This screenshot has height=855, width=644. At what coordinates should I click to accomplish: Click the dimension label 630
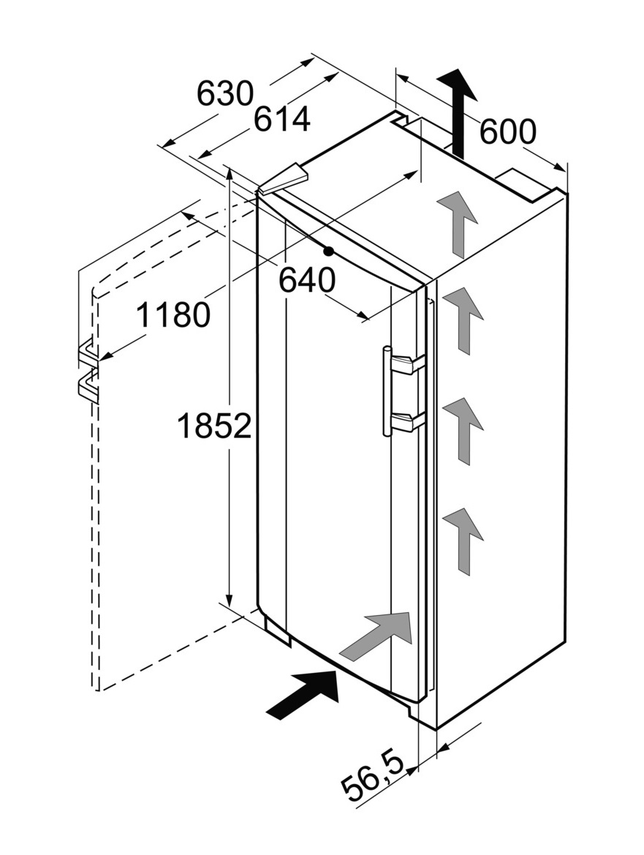225,93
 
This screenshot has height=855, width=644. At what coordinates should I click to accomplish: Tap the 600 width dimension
508,132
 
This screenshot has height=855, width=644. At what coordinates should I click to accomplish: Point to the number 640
307,282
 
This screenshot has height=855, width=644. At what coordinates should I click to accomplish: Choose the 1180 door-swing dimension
173,314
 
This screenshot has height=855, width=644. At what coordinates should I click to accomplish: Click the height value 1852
214,426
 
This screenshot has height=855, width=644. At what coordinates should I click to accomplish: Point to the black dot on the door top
328,251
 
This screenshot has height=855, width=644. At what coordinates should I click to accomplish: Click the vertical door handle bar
386,391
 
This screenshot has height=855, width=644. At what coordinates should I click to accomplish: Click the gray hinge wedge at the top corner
283,178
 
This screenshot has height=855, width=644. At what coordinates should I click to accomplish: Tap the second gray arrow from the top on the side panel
463,322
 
